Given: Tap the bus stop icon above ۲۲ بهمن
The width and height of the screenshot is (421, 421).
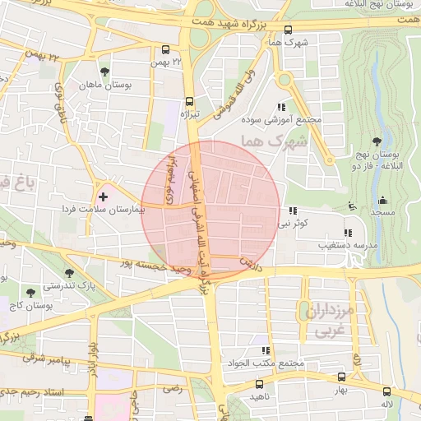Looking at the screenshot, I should pos(167,49).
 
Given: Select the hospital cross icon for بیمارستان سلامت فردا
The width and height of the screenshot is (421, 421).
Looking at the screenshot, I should pos(103,197).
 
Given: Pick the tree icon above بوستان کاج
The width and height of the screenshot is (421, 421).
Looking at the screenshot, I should pos(31,292).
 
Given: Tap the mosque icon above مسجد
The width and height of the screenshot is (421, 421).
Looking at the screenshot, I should pos(382,200).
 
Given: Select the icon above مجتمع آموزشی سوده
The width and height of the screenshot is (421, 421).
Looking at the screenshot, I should pos(282,107).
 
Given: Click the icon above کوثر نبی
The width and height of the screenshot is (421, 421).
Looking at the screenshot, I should pos(293,210).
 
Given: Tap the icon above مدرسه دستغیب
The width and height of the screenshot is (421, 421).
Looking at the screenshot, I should pos(347,233).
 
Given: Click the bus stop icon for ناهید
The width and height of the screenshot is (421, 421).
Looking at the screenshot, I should pos(260,384).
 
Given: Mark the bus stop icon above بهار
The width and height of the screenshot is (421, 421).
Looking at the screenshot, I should pos(341,377).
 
